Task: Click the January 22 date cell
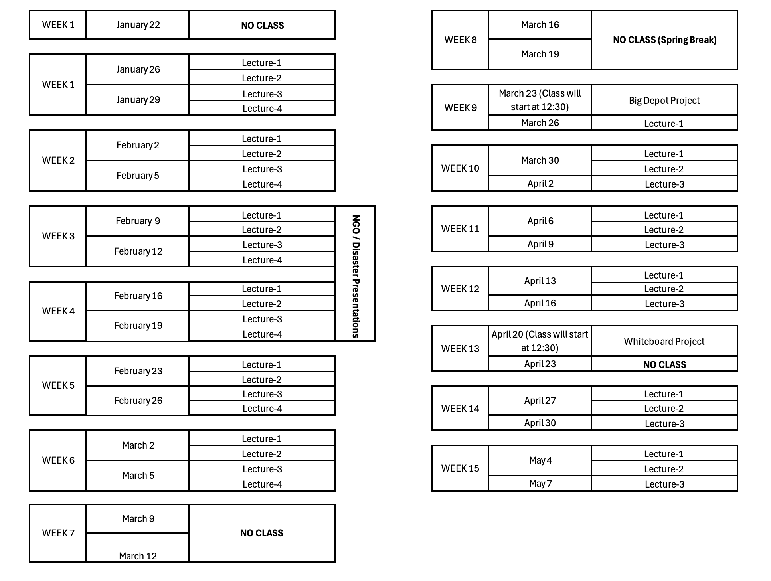tap(138, 25)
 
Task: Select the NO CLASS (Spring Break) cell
tap(664, 40)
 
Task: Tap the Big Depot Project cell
tap(664, 100)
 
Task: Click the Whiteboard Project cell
tap(664, 341)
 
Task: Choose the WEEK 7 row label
tap(58, 533)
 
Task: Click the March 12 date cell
tap(138, 547)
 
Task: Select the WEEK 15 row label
tap(460, 468)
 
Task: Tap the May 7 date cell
tap(540, 483)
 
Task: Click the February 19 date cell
tap(138, 326)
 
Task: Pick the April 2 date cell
tap(540, 184)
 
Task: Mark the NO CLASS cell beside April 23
tap(664, 364)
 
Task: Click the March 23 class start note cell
tap(540, 100)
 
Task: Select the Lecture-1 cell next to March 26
tap(664, 123)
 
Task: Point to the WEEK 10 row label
tap(460, 168)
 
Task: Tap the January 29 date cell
tap(138, 100)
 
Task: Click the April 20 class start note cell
tap(540, 341)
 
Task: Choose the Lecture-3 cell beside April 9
tap(664, 244)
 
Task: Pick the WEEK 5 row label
tap(58, 385)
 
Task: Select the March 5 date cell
tap(138, 476)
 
